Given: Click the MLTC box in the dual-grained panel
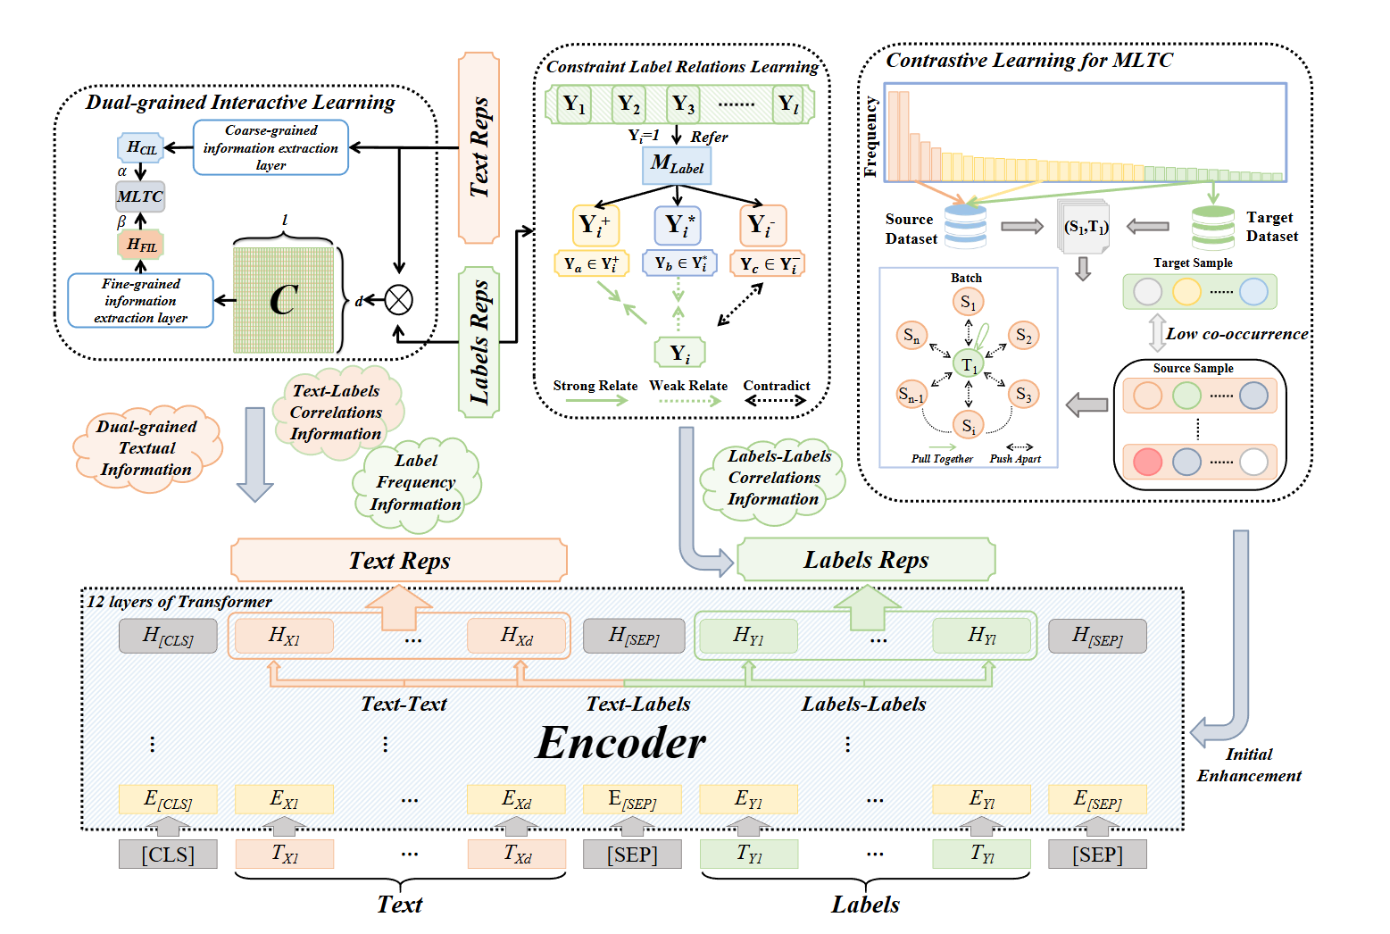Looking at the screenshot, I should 140,196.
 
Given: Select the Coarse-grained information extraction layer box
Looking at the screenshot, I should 271,148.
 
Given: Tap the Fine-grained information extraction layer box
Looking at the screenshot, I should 140,301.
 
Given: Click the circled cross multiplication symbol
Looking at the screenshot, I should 398,300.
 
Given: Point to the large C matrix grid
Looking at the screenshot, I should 284,299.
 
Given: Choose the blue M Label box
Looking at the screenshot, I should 677,165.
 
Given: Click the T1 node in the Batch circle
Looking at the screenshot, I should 968,364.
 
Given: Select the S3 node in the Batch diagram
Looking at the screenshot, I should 1023,395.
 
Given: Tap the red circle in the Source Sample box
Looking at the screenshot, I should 1147,462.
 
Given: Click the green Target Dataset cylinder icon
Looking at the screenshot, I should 1213,227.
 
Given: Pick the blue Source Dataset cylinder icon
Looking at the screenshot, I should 965,226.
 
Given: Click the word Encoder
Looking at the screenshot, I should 620,743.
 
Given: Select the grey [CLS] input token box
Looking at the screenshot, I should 168,855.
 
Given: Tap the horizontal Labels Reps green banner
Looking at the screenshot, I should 866,560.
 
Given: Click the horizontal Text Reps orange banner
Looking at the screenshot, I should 399,561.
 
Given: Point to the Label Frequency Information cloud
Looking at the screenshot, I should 416,483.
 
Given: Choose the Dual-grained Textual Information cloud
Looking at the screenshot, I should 146,448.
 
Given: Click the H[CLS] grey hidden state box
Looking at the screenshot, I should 168,637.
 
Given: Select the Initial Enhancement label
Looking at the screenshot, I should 1249,765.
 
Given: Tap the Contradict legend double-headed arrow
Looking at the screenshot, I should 776,401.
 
